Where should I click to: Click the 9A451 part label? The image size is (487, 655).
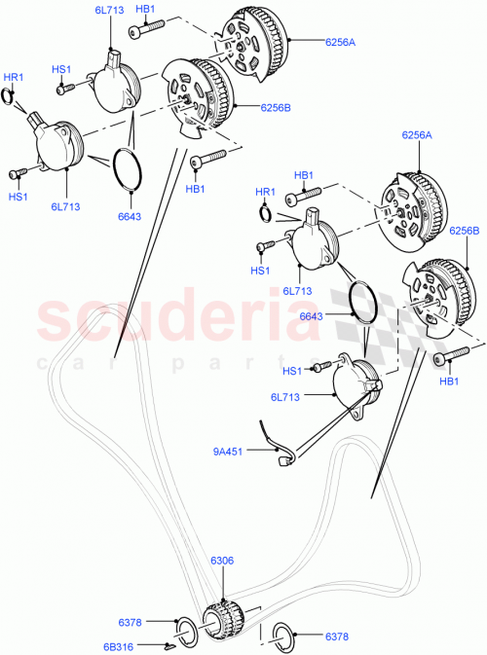click(x=229, y=450)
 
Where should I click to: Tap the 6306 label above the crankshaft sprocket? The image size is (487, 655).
click(x=222, y=562)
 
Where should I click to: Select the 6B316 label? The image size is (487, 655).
click(x=131, y=644)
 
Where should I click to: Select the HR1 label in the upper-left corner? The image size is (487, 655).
click(x=13, y=76)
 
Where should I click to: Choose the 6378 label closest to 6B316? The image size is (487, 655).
click(x=131, y=621)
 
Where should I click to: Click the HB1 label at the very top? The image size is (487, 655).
click(x=145, y=9)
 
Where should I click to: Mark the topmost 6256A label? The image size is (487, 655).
click(x=313, y=41)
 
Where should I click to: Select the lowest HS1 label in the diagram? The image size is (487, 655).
click(x=292, y=369)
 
